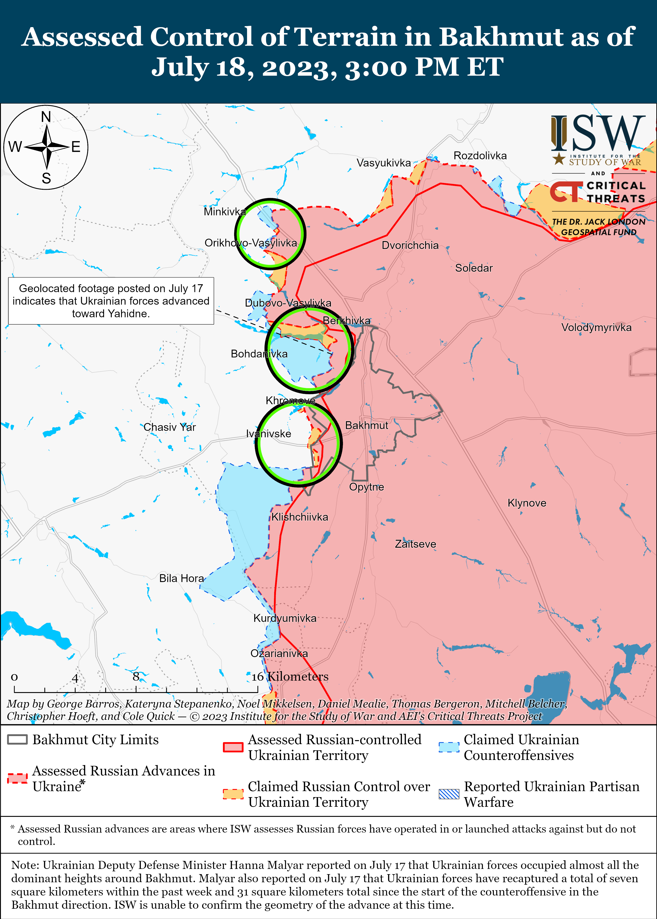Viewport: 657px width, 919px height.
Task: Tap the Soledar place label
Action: [x=474, y=268]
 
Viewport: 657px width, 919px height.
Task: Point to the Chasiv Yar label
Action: [x=170, y=427]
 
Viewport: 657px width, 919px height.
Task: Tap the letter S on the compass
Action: [x=46, y=178]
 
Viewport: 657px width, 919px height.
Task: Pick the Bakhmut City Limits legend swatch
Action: [x=17, y=740]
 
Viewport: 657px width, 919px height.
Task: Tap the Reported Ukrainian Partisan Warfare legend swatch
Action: [x=449, y=794]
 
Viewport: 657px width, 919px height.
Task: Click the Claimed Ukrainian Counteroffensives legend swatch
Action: [x=449, y=747]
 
